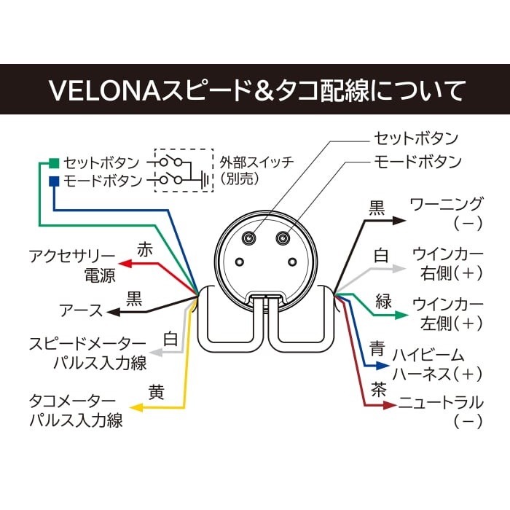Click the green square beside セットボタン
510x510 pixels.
click(x=53, y=161)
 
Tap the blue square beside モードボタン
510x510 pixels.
click(x=53, y=180)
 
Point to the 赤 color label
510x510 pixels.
click(x=145, y=249)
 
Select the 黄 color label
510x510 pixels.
click(x=156, y=391)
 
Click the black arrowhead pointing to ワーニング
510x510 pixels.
click(x=399, y=219)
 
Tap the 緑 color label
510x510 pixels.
click(x=384, y=301)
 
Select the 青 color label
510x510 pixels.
click(x=377, y=349)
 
